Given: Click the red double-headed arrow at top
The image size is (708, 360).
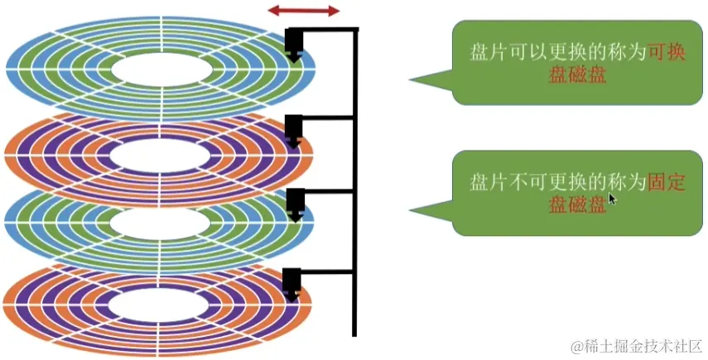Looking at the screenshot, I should [304, 11].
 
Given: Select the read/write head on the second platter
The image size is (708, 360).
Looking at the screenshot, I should [293, 131].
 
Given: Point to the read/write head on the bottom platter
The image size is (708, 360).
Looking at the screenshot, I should [291, 283].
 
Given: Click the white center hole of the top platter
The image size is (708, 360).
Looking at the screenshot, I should [160, 70].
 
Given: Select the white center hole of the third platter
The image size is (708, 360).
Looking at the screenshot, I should [159, 223].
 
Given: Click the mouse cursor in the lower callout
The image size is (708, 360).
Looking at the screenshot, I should [612, 199].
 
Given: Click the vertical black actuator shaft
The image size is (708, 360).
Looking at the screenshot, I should [355, 182].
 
